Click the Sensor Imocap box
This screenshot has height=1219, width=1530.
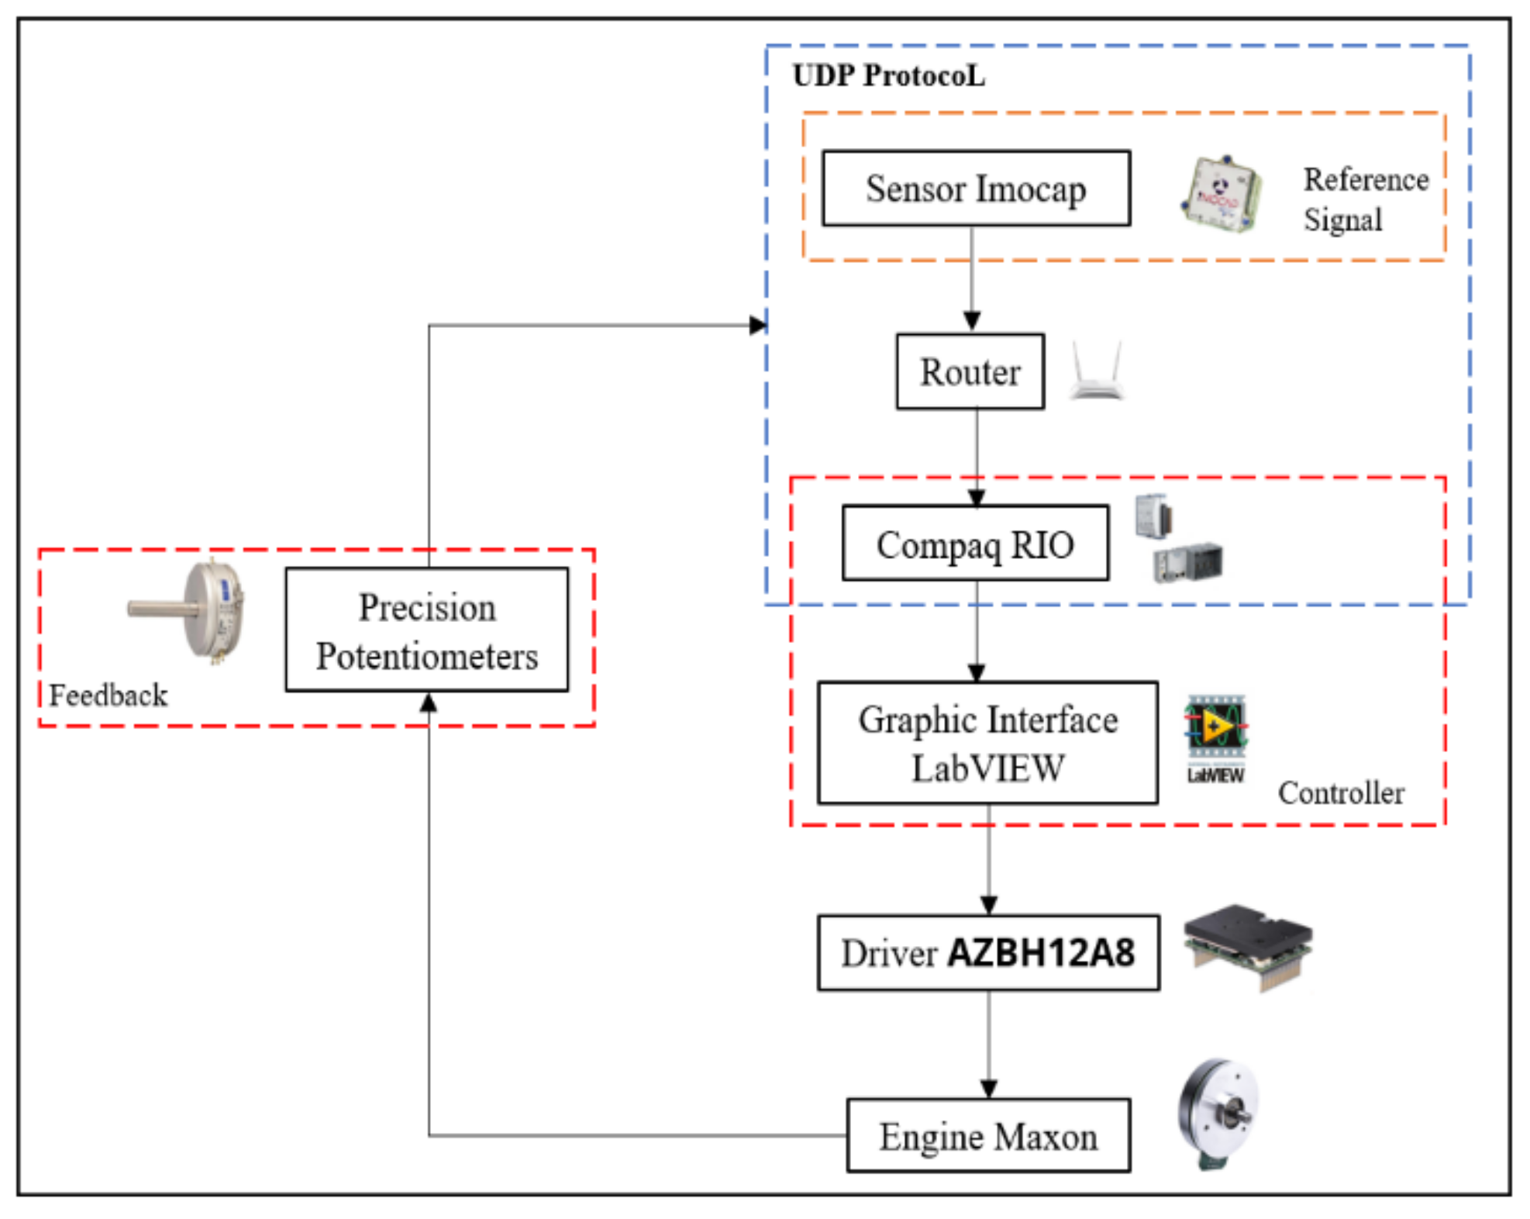975,188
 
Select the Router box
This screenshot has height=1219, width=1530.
970,371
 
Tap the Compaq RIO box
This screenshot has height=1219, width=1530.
975,543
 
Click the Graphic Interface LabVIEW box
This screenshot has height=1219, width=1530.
987,743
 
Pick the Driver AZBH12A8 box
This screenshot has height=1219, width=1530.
987,952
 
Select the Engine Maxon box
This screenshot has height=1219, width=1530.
987,1135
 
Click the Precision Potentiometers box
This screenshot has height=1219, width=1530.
426,630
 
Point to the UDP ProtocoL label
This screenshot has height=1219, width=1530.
888,76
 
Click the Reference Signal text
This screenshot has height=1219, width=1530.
1364,199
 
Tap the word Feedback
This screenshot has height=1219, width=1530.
108,695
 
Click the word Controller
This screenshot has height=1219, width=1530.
1341,793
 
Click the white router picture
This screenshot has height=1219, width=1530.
1096,372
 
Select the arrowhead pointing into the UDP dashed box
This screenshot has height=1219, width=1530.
757,325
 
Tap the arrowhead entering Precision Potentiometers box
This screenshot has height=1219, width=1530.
428,703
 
